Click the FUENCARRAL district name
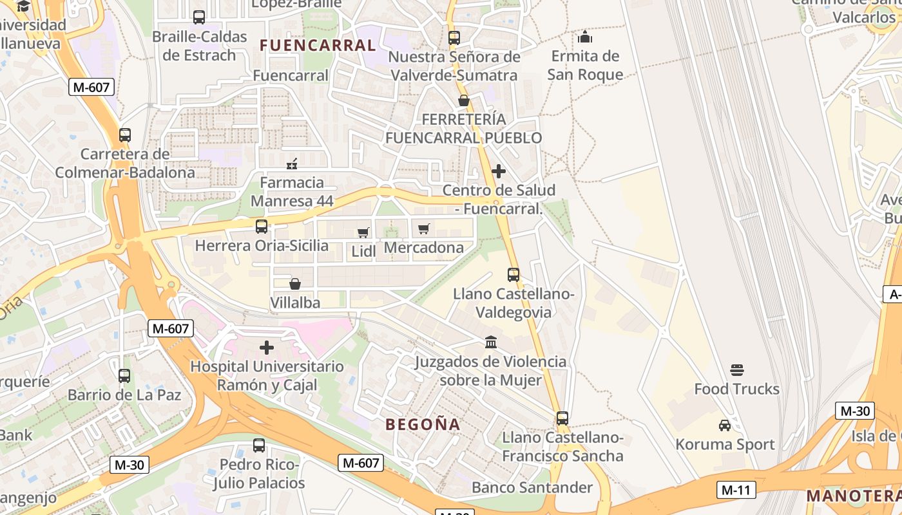pyautogui.click(x=317, y=46)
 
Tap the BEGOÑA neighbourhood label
pyautogui.click(x=423, y=425)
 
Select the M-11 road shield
pyautogui.click(x=736, y=490)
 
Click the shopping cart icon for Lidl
pyautogui.click(x=363, y=232)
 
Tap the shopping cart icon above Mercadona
pyautogui.click(x=424, y=229)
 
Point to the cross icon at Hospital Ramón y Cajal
pyautogui.click(x=267, y=348)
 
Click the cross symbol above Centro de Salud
pyautogui.click(x=498, y=171)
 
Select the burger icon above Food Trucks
pyautogui.click(x=737, y=370)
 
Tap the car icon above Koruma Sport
pyautogui.click(x=725, y=426)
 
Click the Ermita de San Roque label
pyautogui.click(x=585, y=66)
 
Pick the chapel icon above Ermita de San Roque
pyautogui.click(x=585, y=37)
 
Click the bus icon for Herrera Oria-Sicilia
pyautogui.click(x=262, y=227)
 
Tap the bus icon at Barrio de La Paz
pyautogui.click(x=124, y=375)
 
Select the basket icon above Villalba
pyautogui.click(x=295, y=284)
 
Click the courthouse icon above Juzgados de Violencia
pyautogui.click(x=491, y=342)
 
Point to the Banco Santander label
pyautogui.click(x=532, y=487)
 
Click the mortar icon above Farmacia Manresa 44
pyautogui.click(x=292, y=164)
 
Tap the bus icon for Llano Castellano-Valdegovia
pyautogui.click(x=513, y=275)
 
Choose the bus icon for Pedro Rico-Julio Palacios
pyautogui.click(x=259, y=445)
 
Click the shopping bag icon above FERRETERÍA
pyautogui.click(x=463, y=100)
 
